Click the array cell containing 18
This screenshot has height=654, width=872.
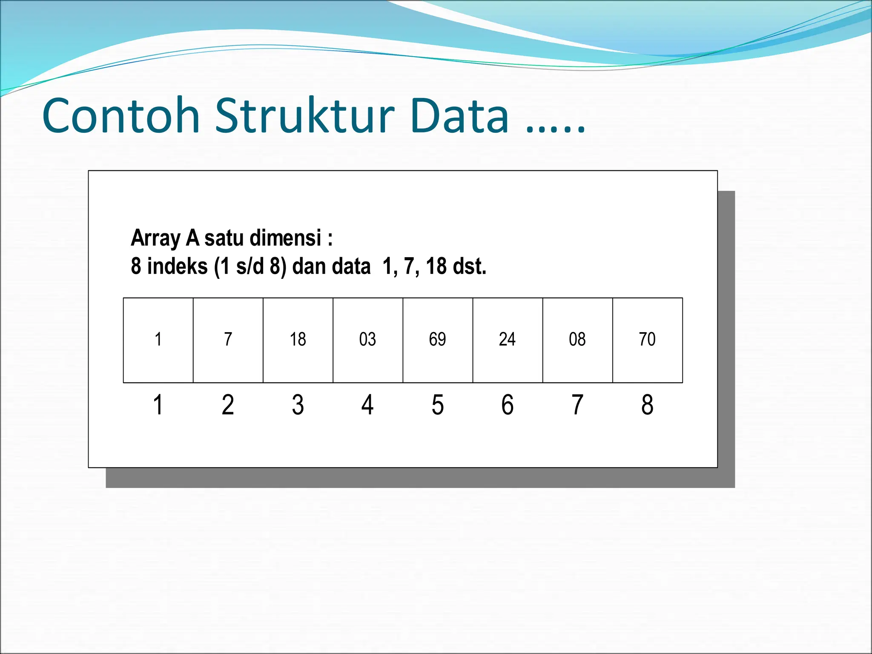click(x=298, y=340)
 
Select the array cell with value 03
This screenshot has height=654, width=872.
click(x=367, y=340)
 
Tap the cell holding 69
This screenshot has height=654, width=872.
click(x=437, y=340)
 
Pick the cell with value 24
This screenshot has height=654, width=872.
click(x=507, y=340)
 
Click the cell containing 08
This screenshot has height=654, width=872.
click(x=577, y=340)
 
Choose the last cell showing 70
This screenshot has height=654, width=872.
click(x=647, y=340)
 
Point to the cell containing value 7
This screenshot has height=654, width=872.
click(x=228, y=340)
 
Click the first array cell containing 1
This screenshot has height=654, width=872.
click(x=158, y=340)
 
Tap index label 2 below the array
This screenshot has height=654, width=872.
click(x=228, y=404)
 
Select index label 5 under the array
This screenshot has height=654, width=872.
click(x=437, y=404)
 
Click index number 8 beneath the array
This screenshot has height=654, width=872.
click(x=647, y=404)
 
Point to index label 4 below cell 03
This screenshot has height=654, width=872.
click(x=367, y=404)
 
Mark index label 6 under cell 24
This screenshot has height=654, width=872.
click(x=507, y=404)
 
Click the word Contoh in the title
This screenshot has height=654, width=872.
click(x=121, y=116)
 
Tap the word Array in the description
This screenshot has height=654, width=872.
click(x=155, y=238)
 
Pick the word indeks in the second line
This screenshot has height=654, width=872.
click(x=177, y=266)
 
